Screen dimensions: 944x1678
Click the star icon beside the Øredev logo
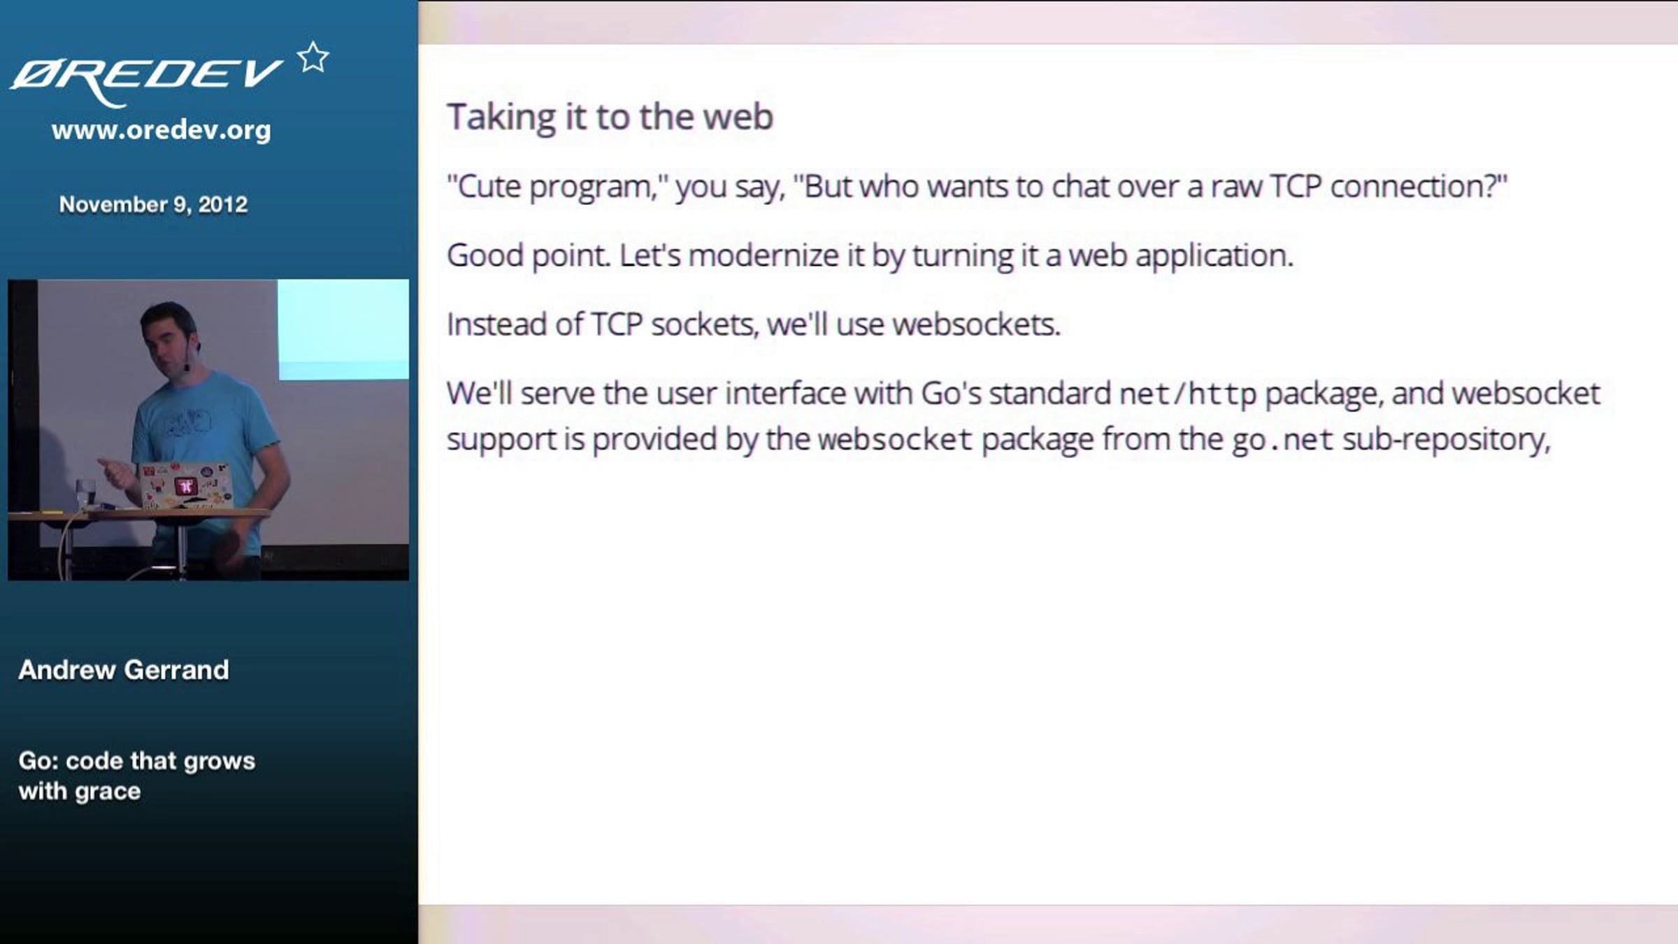coord(313,57)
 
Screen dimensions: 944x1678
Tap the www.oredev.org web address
coord(161,130)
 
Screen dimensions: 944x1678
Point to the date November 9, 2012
coord(153,204)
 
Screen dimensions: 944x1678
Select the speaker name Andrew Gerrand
coord(124,670)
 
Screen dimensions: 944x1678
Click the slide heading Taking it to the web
coord(610,117)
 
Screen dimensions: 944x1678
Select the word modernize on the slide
coord(763,256)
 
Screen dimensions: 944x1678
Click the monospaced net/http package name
coord(1187,394)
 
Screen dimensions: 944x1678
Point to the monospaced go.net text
coord(1282,440)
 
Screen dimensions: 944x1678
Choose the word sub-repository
coord(1446,440)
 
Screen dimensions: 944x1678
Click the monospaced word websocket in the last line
coord(895,440)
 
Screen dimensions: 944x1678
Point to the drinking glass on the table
coord(85,492)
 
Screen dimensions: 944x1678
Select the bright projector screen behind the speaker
coord(343,329)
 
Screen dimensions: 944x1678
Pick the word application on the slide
coord(1214,256)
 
